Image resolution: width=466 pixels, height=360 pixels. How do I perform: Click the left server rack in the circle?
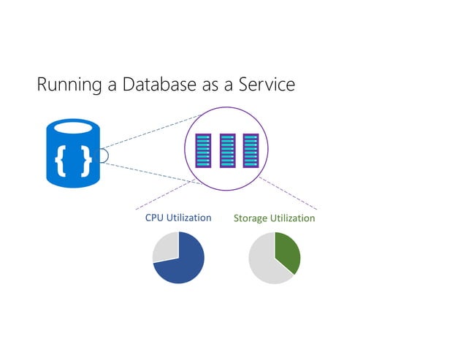tap(204, 150)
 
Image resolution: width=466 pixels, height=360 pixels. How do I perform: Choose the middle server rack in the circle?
tap(227, 150)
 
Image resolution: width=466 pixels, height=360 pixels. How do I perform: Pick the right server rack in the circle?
tap(251, 150)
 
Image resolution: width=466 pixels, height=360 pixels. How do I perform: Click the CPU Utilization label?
tap(178, 218)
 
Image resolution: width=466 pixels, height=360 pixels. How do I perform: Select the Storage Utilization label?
tap(274, 218)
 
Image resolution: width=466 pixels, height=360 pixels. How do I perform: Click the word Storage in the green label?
tap(251, 218)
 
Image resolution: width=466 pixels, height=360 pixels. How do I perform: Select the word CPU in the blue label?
tap(154, 218)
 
